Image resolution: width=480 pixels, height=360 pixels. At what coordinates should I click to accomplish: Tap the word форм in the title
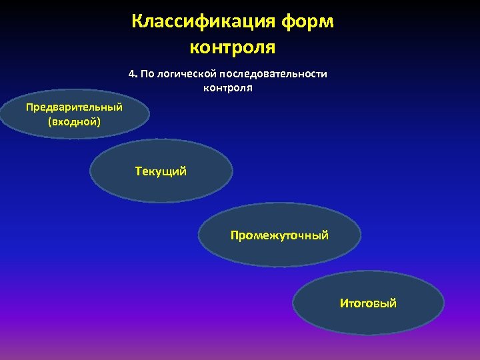coord(307,22)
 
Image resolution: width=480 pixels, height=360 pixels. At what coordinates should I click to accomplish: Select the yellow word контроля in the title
coord(233,47)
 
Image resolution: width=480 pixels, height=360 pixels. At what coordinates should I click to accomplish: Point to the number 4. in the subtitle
coord(133,74)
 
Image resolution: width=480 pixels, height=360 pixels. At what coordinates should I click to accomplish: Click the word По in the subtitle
coord(147,74)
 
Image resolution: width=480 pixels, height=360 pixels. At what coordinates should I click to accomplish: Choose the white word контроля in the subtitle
coord(228,87)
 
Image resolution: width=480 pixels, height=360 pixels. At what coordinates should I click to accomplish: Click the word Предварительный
coord(74,107)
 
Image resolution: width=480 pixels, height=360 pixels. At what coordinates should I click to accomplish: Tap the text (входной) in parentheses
coord(74,121)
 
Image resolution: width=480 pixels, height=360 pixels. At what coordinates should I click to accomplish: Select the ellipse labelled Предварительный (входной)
coord(74,130)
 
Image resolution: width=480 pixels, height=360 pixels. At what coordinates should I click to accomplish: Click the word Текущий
coord(161,172)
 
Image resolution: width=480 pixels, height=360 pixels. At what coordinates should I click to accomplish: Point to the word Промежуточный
coord(279,235)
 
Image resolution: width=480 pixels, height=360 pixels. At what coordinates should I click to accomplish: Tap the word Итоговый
coord(368,303)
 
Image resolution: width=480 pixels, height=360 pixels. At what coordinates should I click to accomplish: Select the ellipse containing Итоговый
coord(368,320)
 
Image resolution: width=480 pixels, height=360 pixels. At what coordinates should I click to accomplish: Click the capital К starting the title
coord(137,22)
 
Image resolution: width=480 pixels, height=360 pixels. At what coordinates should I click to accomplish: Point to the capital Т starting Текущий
coord(139,171)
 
